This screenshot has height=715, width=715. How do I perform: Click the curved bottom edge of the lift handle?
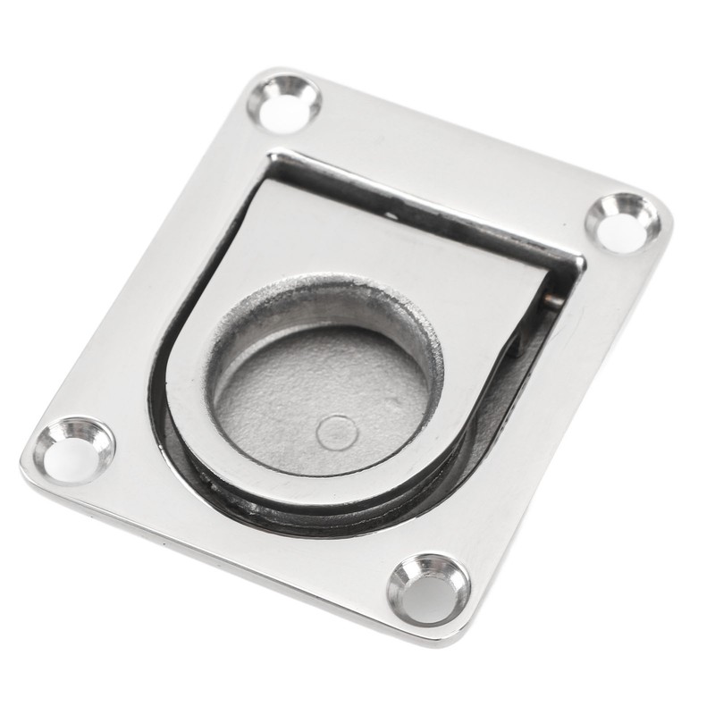click(x=268, y=483)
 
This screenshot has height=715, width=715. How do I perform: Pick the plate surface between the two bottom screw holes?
click(x=250, y=527)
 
